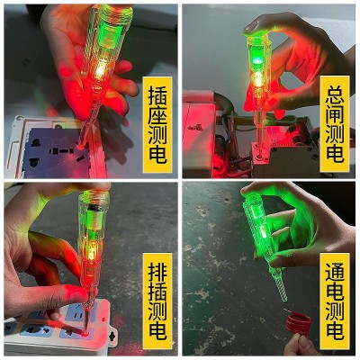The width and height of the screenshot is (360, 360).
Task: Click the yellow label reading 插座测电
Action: [x=157, y=124]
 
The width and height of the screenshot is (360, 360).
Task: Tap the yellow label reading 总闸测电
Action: [x=335, y=124]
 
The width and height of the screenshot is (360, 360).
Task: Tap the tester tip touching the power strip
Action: [x=85, y=328]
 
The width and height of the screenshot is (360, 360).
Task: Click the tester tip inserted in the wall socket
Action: [x=82, y=141]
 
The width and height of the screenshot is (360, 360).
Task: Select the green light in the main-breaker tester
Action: [x=256, y=61]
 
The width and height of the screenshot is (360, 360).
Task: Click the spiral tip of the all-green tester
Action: [x=281, y=286]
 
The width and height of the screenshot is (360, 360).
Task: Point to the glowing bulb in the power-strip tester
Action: [x=90, y=254]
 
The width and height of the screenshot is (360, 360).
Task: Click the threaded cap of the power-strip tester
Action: [x=94, y=198]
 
